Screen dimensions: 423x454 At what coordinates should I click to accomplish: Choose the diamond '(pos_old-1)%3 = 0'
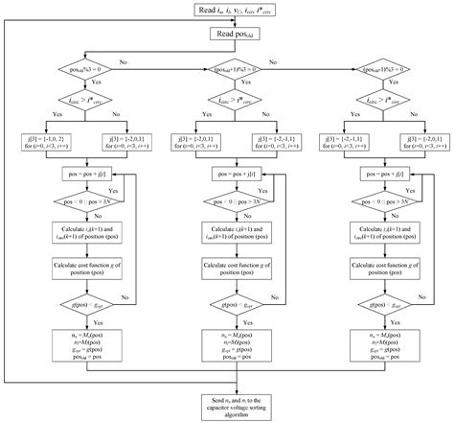click(x=396, y=70)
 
